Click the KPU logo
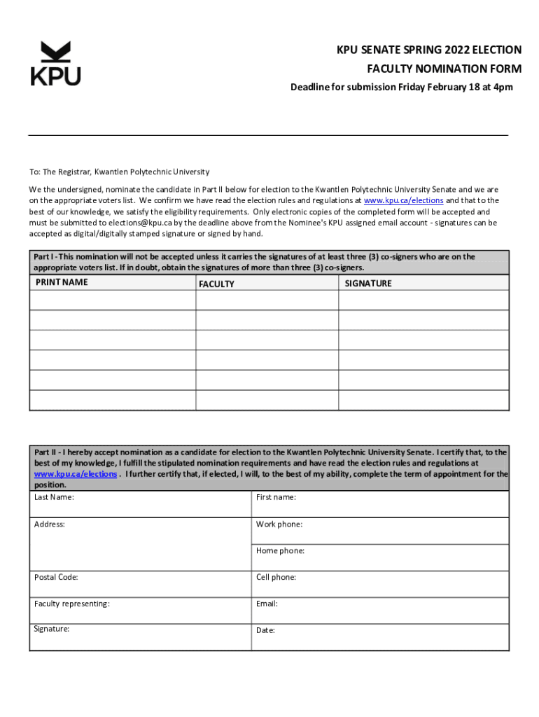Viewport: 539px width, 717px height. click(55, 64)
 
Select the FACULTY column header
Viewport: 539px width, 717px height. click(216, 284)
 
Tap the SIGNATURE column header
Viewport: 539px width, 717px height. click(368, 284)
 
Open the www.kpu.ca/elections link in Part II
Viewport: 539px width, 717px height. click(76, 474)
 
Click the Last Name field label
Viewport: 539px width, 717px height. click(54, 497)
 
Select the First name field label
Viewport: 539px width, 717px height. click(276, 497)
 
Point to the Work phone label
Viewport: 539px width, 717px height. click(279, 524)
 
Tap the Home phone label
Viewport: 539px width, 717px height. click(280, 551)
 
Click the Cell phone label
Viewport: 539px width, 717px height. click(276, 578)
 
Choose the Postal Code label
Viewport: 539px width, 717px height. click(56, 578)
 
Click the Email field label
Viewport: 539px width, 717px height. click(267, 604)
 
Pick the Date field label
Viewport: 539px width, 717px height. click(265, 630)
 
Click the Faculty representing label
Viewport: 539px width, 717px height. click(71, 604)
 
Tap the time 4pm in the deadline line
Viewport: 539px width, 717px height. click(502, 88)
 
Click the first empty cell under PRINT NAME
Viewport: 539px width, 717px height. click(112, 300)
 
